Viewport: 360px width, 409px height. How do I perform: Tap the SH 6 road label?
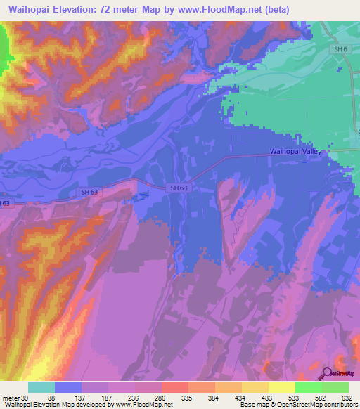coord(341,49)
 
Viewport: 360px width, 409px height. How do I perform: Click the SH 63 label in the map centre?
coord(179,188)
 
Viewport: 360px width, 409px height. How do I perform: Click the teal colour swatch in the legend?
coord(41,387)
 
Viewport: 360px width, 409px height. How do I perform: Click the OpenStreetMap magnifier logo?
coord(326,373)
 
